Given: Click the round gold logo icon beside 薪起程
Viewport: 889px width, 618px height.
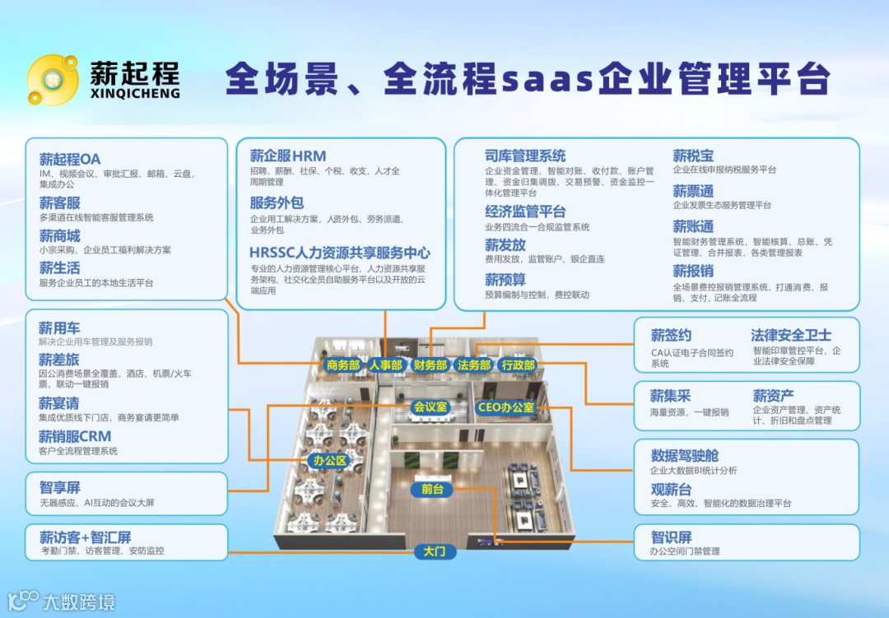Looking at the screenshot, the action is (53, 80).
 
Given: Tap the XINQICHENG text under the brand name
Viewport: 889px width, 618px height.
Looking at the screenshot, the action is (135, 94).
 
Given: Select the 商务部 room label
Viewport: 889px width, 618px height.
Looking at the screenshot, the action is (343, 365).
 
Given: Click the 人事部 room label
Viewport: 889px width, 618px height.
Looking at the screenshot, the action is (386, 365).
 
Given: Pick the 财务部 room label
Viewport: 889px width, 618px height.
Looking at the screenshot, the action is (430, 365).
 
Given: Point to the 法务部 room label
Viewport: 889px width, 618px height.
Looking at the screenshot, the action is (474, 365).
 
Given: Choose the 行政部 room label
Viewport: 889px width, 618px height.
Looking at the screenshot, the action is (518, 365).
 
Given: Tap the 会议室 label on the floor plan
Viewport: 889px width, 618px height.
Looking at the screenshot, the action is (430, 407).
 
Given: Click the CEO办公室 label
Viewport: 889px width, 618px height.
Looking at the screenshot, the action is (505, 407).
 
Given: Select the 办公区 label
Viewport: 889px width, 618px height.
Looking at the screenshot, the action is (329, 461).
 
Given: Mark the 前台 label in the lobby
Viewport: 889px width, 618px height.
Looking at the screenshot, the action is (431, 490).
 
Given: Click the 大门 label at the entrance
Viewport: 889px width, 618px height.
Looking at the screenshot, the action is (434, 551).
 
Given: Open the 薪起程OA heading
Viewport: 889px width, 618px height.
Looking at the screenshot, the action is (70, 159).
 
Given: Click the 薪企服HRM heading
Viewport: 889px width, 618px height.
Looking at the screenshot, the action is (288, 156).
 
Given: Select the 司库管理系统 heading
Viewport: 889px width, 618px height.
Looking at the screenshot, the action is (525, 156).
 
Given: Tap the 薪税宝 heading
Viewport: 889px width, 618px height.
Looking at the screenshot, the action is (693, 156).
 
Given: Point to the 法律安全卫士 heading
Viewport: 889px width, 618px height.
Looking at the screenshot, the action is (790, 335).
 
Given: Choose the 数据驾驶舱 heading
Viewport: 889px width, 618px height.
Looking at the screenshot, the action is (685, 455).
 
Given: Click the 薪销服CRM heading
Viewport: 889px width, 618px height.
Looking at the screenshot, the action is (74, 436).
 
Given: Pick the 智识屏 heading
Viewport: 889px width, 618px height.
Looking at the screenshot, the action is (671, 537).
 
